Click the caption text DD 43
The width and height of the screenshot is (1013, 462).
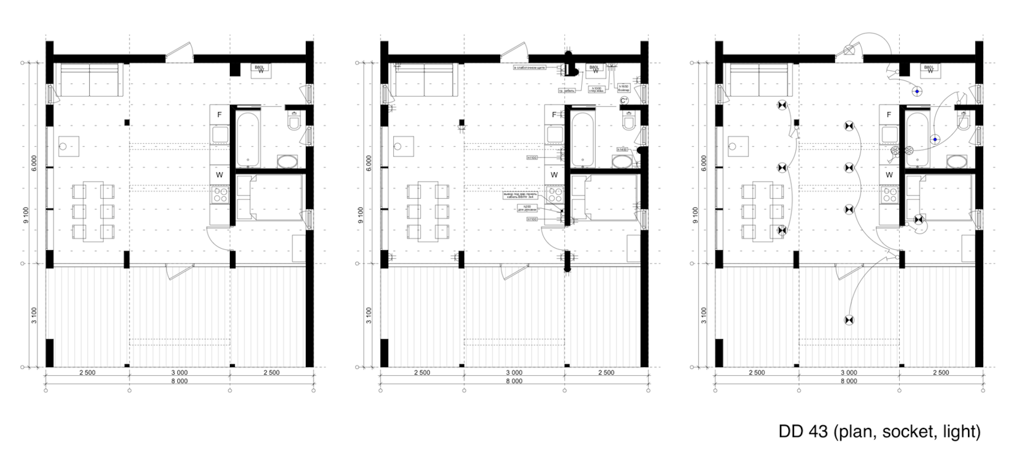pyautogui.click(x=803, y=432)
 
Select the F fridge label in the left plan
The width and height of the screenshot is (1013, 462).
pyautogui.click(x=220, y=115)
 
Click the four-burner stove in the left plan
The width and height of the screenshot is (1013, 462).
pyautogui.click(x=220, y=194)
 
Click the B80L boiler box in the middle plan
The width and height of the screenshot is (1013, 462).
pyautogui.click(x=594, y=70)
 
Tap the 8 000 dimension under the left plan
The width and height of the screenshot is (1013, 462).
pyautogui.click(x=180, y=382)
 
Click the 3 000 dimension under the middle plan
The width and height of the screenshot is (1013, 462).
pyautogui.click(x=514, y=373)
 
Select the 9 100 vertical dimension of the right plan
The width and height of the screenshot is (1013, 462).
pyautogui.click(x=695, y=215)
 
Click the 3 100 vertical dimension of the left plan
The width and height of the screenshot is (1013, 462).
pyautogui.click(x=34, y=315)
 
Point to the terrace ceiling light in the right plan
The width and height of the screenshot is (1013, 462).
pyautogui.click(x=848, y=320)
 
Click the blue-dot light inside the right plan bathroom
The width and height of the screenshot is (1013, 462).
pyautogui.click(x=934, y=139)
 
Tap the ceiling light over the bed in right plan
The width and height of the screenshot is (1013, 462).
pyautogui.click(x=917, y=220)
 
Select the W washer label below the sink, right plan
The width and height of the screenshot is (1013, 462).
pyautogui.click(x=889, y=175)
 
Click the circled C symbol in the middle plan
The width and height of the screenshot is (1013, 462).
pyautogui.click(x=623, y=101)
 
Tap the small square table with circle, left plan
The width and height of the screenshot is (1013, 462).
pyautogui.click(x=68, y=147)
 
